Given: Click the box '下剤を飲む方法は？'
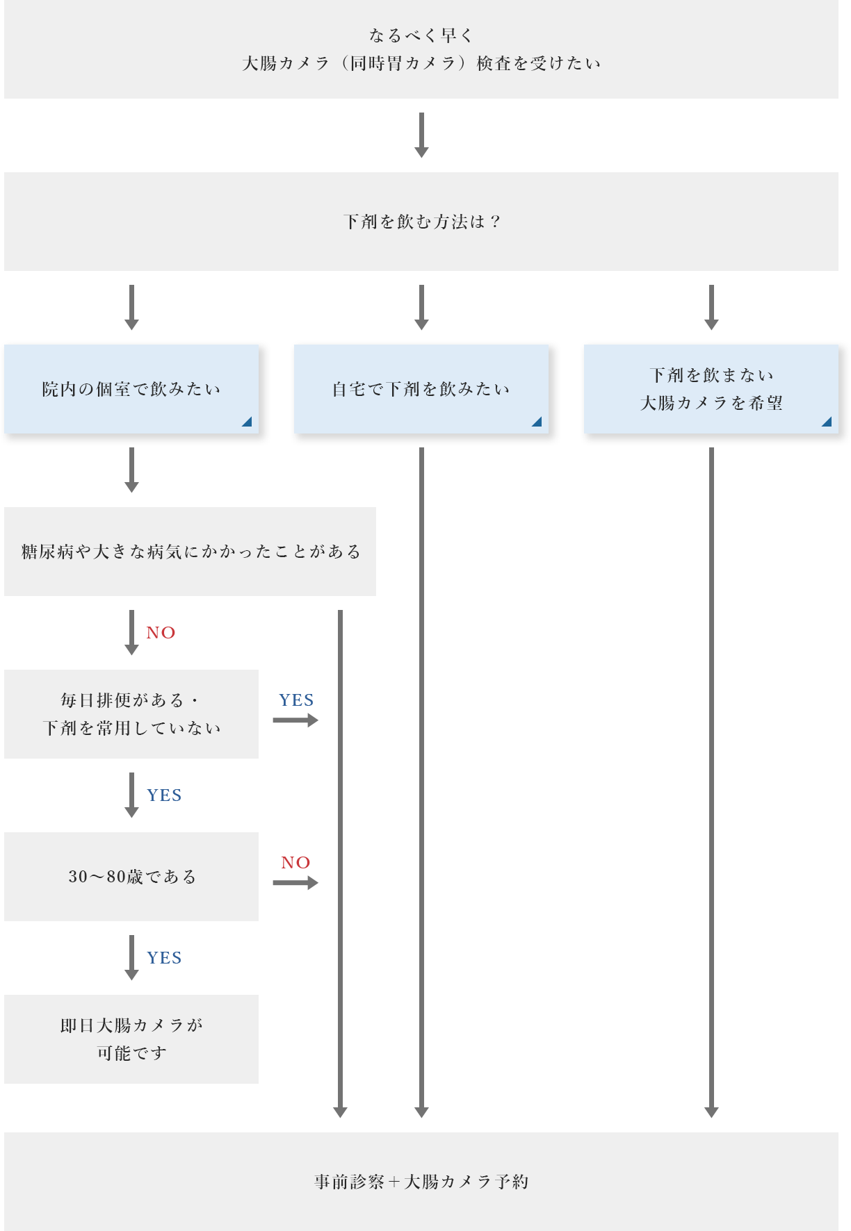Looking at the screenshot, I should tap(421, 222).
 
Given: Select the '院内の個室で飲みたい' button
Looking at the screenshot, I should tap(131, 389).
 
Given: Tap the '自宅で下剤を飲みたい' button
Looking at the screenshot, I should tap(421, 389).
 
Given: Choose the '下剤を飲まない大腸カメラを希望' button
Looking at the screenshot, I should tap(711, 389).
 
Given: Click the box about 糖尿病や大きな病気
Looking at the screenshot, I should tap(190, 552).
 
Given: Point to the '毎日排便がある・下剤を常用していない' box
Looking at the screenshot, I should tap(131, 714).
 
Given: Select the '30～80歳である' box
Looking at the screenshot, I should tap(131, 877).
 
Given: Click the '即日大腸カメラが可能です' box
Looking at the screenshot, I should tap(131, 1039).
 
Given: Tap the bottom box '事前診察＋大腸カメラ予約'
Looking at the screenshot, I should tap(421, 1181).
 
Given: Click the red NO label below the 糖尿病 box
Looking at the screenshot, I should tap(161, 633).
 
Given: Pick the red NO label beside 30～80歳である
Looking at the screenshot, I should tap(295, 863).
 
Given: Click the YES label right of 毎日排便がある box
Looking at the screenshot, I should tap(296, 700).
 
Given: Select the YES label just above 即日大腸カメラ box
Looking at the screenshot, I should tap(164, 958).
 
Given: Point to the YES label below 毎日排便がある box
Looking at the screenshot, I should tap(164, 795).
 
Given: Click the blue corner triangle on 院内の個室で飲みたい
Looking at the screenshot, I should tap(247, 422).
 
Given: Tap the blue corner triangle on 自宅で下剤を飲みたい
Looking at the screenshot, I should tap(537, 422).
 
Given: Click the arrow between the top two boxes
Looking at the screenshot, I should tap(421, 135).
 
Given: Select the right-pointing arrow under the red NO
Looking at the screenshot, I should tap(295, 883).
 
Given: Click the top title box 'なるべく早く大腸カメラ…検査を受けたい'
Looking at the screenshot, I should tap(421, 49).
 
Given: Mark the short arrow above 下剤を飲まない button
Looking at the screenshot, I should tap(711, 307).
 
